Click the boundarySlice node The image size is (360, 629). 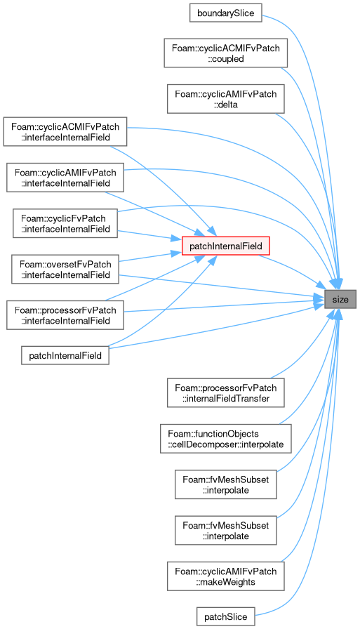pos(226,13)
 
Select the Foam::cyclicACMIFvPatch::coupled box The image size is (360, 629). pos(226,53)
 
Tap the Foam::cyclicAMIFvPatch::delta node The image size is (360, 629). pos(226,99)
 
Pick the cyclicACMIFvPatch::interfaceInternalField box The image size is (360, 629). pos(65,131)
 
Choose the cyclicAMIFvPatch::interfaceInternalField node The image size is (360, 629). pos(65,178)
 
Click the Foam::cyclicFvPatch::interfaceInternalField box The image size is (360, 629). pos(65,223)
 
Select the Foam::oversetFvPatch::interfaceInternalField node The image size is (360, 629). pos(65,269)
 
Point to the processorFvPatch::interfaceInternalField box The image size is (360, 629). pos(65,315)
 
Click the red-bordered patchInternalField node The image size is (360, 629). pos(226,246)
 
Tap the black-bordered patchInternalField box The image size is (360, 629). pos(65,355)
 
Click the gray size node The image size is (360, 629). pos(340,299)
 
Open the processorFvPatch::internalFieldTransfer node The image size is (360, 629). pos(226,392)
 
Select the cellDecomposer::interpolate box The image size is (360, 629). pos(226,439)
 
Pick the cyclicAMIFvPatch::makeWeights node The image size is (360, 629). pos(226,576)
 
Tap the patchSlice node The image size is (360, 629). pos(226,616)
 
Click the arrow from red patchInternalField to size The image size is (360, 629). pos(294,269)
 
